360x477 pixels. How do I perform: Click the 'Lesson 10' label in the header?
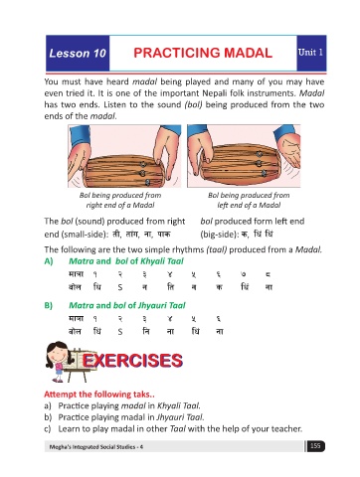click(x=78, y=53)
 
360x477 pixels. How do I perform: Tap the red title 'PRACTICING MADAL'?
click(x=203, y=53)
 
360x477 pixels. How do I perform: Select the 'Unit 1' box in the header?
click(x=311, y=53)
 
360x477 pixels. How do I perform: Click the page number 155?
click(x=315, y=446)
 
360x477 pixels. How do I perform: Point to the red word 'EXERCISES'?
click(x=132, y=361)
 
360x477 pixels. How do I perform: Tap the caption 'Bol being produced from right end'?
click(x=120, y=200)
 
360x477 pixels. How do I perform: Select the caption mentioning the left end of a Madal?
click(x=249, y=200)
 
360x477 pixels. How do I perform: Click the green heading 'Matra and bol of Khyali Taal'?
click(x=126, y=261)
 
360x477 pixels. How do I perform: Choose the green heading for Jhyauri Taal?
click(x=127, y=305)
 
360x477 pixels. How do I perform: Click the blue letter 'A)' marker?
click(x=49, y=261)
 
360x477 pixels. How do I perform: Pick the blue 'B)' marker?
click(x=49, y=305)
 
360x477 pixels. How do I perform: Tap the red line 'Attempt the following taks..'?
click(x=99, y=395)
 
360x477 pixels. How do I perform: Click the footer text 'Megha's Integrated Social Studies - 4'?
click(x=96, y=447)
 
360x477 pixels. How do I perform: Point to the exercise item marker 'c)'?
click(x=48, y=429)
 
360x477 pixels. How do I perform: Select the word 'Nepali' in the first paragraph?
click(x=214, y=93)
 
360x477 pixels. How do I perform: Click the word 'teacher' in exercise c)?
click(x=286, y=429)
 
